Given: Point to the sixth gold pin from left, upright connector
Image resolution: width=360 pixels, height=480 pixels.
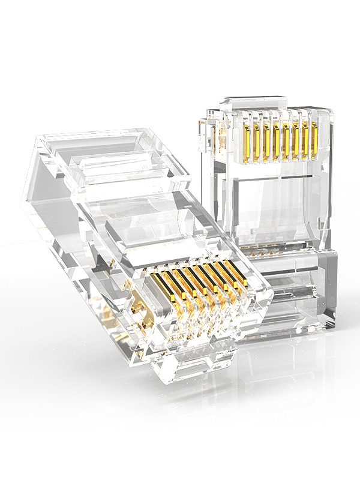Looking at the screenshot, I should pos(295,138).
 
